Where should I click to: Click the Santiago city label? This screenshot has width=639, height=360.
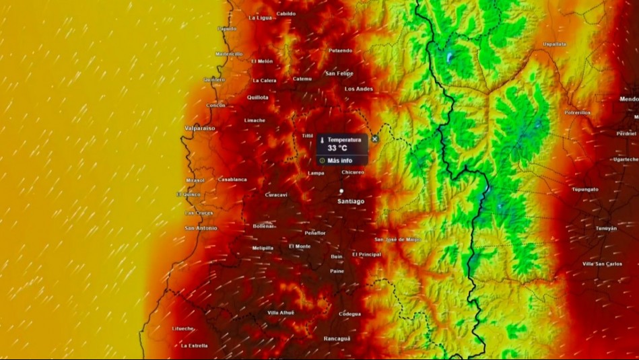(351, 201)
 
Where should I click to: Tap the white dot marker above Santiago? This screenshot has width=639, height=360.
(341, 191)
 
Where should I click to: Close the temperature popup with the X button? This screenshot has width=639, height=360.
(375, 139)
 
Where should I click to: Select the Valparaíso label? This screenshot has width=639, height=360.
(199, 127)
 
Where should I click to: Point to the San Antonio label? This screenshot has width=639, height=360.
(201, 228)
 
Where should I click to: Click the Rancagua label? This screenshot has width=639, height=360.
(337, 338)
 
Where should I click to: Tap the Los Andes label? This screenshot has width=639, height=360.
(358, 89)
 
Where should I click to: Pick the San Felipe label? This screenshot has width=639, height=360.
(339, 73)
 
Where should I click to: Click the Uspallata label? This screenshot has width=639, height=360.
(554, 44)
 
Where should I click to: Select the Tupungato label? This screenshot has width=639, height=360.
(584, 190)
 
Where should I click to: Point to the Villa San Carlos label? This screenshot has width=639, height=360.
(602, 264)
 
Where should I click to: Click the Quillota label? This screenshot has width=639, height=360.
(257, 98)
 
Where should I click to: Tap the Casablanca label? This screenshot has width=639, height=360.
(232, 180)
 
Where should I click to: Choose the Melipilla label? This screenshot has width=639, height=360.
(263, 248)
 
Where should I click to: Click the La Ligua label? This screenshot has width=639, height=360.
(260, 17)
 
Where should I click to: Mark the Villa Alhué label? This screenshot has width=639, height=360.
(281, 313)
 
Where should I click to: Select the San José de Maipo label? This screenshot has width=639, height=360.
(397, 239)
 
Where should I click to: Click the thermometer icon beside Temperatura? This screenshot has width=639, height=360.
(323, 140)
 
